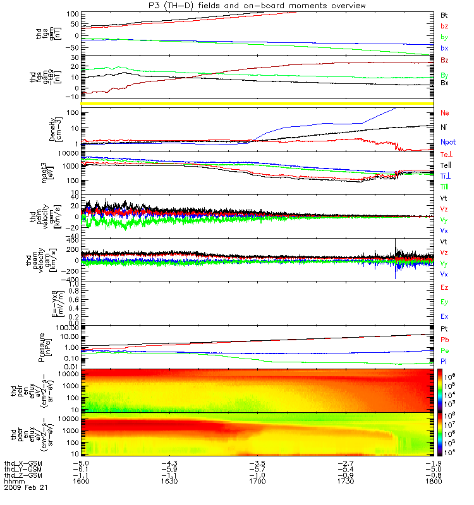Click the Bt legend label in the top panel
point(444,14)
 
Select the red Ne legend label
point(445,112)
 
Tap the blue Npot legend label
point(447,143)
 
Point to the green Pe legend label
point(445,350)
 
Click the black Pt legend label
point(444,329)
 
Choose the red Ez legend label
point(445,287)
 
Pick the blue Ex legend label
point(445,315)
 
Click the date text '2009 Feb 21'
point(26,488)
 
